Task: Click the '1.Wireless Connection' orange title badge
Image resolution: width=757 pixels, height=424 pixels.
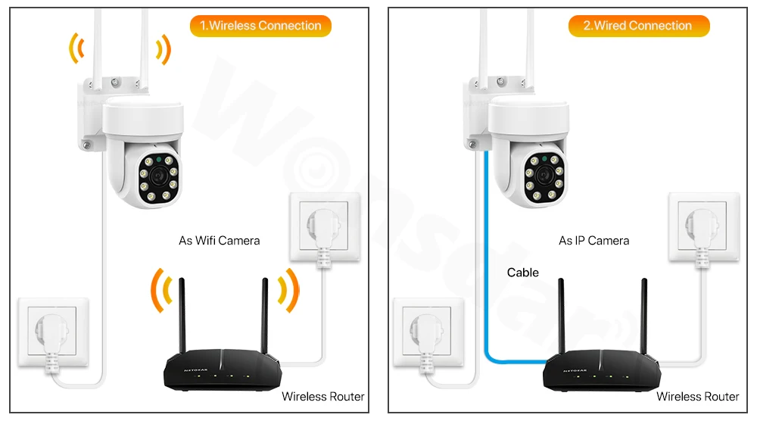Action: [x=260, y=26]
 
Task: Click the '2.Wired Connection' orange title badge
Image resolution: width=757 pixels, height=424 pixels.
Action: [x=638, y=26]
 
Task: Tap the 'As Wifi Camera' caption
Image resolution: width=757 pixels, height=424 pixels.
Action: [x=219, y=241]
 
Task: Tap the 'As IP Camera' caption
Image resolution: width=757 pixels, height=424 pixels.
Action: [x=593, y=241]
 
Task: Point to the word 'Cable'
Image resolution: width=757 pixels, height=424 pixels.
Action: [x=523, y=273]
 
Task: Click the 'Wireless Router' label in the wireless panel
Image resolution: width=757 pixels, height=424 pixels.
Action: [x=322, y=396]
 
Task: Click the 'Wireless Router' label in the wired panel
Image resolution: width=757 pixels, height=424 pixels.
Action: [x=697, y=396]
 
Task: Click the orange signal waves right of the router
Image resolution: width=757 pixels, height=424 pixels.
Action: [x=288, y=290]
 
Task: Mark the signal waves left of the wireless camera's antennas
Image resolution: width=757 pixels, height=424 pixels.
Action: [x=74, y=50]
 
